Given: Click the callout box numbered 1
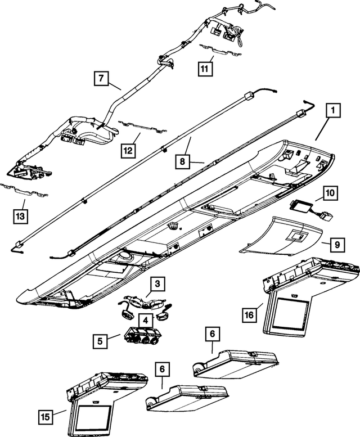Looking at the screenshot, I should [333, 111].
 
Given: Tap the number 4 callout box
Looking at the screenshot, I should [146, 319].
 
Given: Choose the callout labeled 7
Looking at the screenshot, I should [99, 79].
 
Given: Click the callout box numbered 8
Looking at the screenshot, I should [182, 161].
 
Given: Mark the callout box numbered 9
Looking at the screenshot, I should [336, 245].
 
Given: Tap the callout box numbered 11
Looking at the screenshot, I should [204, 68].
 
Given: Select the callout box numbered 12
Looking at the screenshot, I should [128, 150].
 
